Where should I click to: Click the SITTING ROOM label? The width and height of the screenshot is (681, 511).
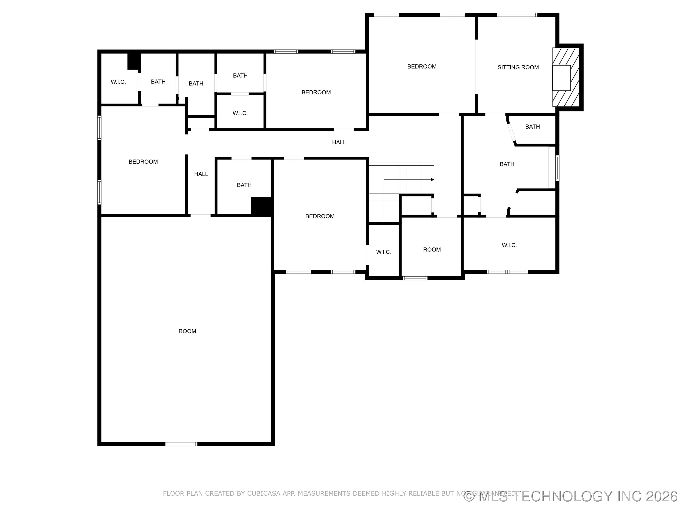point(518,67)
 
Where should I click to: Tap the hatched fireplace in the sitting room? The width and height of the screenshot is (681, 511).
point(566,77)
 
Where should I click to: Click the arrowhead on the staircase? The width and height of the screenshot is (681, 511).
point(432,180)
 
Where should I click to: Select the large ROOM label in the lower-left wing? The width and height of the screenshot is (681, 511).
point(187,331)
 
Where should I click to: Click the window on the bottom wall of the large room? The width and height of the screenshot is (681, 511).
point(181,444)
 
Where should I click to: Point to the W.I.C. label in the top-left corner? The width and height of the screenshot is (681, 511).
point(118,82)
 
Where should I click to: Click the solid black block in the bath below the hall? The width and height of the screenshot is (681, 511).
point(261,206)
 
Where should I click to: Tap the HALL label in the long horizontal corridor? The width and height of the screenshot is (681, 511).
point(339,142)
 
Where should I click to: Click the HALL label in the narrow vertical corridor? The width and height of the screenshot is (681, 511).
point(201,174)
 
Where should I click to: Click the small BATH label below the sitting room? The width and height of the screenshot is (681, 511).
point(532,127)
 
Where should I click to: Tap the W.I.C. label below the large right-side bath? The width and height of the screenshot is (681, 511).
point(509,245)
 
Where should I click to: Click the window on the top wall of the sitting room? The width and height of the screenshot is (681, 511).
point(517,15)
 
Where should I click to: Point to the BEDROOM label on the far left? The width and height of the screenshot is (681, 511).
point(143,162)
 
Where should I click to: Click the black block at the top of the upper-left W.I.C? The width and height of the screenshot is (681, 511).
point(134,61)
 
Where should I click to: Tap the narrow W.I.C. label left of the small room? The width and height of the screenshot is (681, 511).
point(384,252)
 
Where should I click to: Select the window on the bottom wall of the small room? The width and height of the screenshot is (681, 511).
point(415,278)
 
